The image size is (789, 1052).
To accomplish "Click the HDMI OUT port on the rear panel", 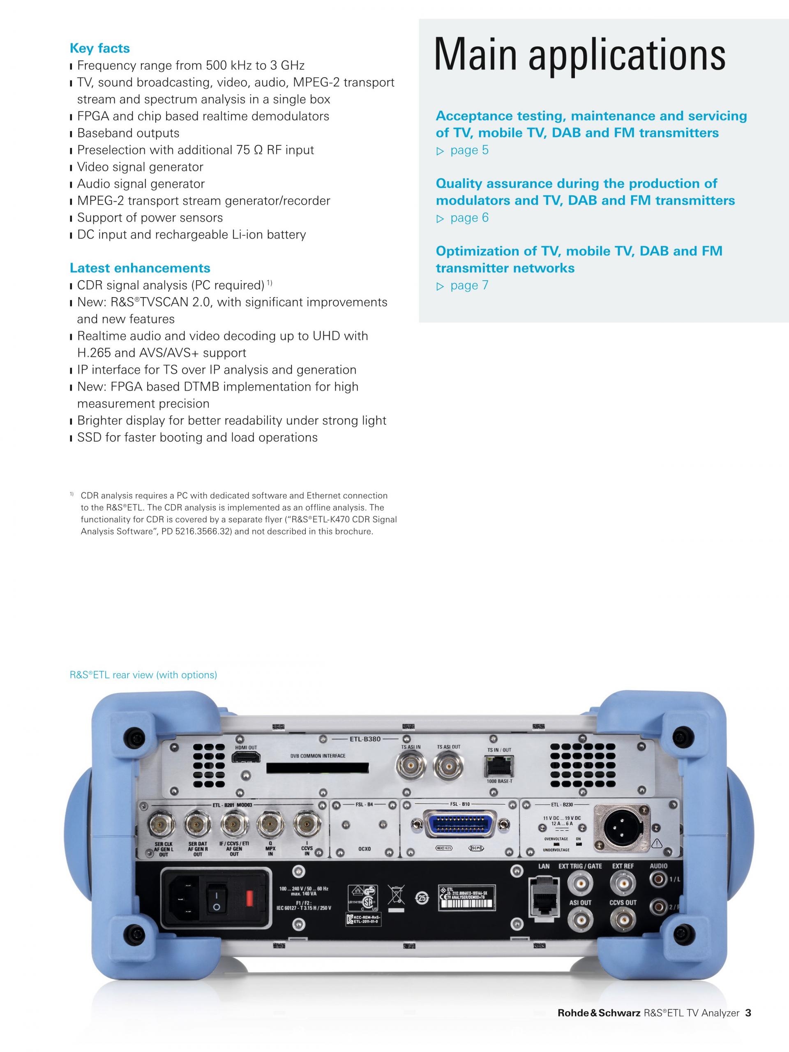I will point(246,757).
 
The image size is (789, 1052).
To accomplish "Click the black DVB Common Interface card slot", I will point(318,768).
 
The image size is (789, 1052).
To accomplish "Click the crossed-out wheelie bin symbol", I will point(397,895).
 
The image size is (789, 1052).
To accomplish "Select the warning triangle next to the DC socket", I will point(657,844).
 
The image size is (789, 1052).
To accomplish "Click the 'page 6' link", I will point(469,218).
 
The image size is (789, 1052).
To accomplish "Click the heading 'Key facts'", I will point(99,48).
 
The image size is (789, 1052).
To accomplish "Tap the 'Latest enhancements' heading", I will point(140,268).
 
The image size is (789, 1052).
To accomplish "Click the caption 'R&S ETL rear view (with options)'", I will point(143,675).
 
